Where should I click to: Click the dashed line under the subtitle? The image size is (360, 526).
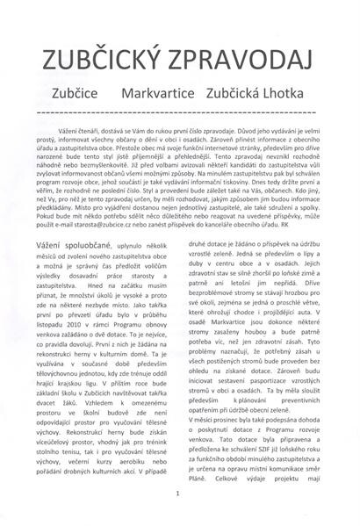click(x=180, y=110)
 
